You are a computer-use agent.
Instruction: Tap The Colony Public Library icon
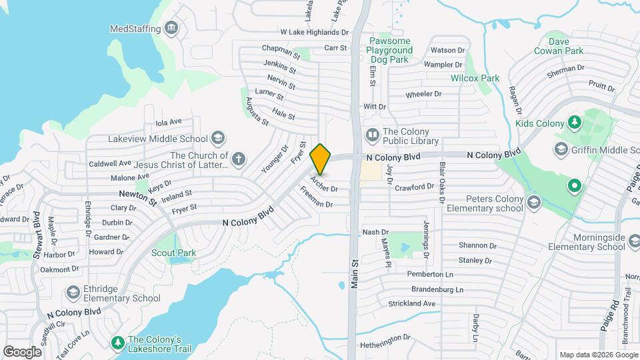pyautogui.click(x=372, y=135)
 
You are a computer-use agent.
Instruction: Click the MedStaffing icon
pyautogui.click(x=172, y=28)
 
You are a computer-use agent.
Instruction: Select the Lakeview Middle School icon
pyautogui.click(x=217, y=138)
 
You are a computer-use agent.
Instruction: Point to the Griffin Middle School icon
pyautogui.click(x=561, y=148)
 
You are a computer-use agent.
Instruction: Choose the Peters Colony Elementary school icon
pyautogui.click(x=533, y=202)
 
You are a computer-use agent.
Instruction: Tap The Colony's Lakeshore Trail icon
pyautogui.click(x=118, y=343)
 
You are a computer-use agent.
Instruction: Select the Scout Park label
pyautogui.click(x=173, y=253)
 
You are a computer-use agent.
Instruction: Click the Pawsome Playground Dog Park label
pyautogui.click(x=391, y=50)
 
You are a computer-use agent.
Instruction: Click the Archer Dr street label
pyautogui.click(x=325, y=185)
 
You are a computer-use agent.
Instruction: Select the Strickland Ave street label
pyautogui.click(x=411, y=303)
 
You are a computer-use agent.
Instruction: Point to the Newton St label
pyautogui.click(x=137, y=197)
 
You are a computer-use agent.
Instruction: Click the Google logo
pyautogui.click(x=22, y=351)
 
